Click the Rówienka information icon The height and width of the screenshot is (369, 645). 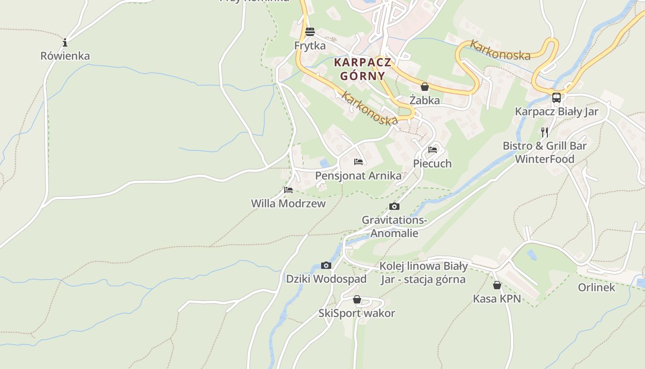click(x=65, y=43)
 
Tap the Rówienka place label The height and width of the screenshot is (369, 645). click(x=65, y=56)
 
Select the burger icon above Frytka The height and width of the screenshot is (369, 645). click(x=310, y=32)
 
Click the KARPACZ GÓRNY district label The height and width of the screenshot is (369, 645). click(x=363, y=69)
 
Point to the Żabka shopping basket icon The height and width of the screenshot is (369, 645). click(x=425, y=87)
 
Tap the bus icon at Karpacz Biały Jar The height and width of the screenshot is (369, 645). click(x=557, y=98)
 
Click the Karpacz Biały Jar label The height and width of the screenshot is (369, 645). click(x=557, y=112)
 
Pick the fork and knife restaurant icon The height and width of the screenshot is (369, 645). click(x=545, y=132)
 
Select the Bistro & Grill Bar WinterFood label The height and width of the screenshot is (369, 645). click(x=545, y=153)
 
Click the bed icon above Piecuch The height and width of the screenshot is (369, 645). click(x=433, y=150)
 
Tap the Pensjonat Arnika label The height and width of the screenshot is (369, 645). click(x=358, y=176)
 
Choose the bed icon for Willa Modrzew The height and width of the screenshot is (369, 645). click(x=288, y=190)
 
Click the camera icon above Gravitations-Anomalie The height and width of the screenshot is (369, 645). click(x=394, y=206)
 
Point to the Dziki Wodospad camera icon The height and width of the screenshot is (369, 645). click(x=326, y=265)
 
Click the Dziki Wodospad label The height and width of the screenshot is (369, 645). click(x=326, y=279)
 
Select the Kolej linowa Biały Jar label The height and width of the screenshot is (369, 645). click(x=423, y=273)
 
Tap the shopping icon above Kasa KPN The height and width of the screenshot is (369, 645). click(x=497, y=285)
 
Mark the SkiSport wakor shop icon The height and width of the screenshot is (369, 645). click(x=357, y=300)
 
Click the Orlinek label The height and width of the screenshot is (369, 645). click(x=597, y=287)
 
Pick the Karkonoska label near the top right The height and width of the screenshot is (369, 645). click(x=499, y=50)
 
